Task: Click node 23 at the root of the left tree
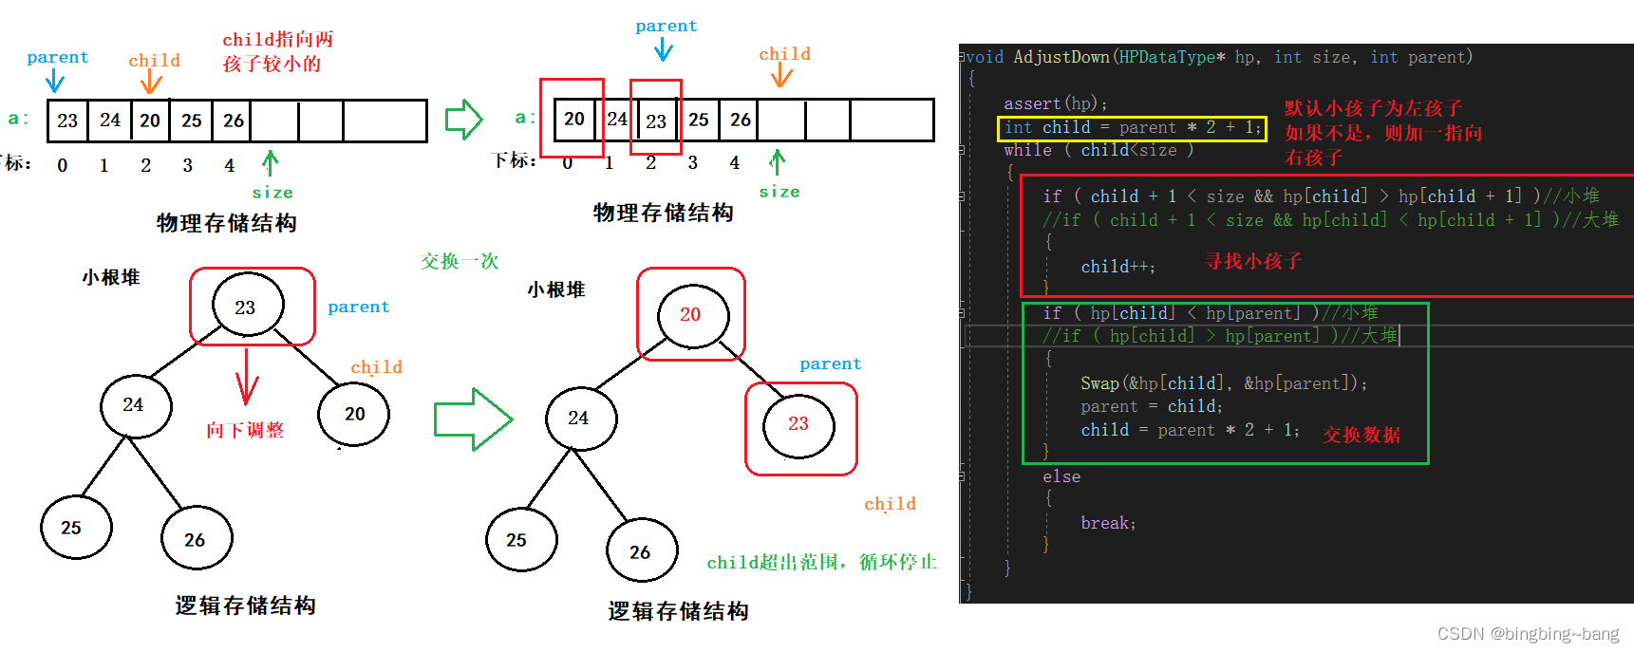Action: [x=246, y=307]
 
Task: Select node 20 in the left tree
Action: [x=354, y=414]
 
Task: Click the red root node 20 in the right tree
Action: [x=690, y=314]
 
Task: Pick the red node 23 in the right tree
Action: [x=798, y=423]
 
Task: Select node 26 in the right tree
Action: [x=641, y=551]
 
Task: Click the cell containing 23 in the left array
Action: [x=67, y=121]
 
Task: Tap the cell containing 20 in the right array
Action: [x=574, y=119]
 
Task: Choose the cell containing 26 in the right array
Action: [x=741, y=120]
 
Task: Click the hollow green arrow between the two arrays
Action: [x=464, y=120]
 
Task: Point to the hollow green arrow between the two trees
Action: [x=473, y=419]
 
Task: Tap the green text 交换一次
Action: [x=460, y=261]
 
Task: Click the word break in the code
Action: [x=1107, y=523]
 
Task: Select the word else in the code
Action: [x=1061, y=476]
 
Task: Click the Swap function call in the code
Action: [x=1099, y=383]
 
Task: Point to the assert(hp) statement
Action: [x=1055, y=103]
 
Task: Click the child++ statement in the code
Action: [x=1118, y=267]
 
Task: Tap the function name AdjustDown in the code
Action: [x=1061, y=57]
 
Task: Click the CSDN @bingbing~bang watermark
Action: [x=1528, y=633]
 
